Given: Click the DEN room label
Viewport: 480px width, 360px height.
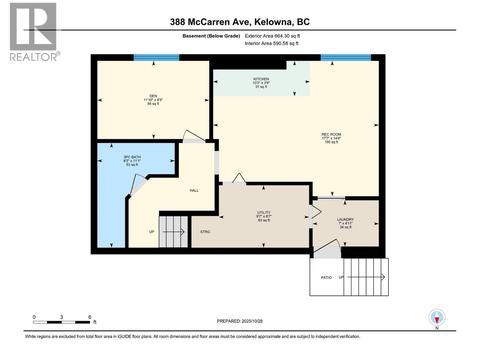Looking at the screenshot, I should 153,96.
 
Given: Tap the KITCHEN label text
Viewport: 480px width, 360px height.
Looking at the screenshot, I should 261,79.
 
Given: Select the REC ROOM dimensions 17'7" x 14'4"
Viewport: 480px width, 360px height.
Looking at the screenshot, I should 331,138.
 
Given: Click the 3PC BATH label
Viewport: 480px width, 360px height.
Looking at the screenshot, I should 132,157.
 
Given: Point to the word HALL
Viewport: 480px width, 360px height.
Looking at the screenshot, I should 194,190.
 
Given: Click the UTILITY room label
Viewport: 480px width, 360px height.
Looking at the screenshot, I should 264,212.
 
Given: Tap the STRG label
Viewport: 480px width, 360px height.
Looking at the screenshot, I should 205,232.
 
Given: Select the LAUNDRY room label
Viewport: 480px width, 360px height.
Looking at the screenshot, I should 345,219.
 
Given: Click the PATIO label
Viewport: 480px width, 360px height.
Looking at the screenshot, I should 326,278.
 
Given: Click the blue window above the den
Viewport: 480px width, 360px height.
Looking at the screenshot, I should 156,57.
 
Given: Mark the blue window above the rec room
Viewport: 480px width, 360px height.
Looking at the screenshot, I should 346,57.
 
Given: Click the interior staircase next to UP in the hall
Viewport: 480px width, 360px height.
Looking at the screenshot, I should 173,232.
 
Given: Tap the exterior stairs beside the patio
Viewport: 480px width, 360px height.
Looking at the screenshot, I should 366,277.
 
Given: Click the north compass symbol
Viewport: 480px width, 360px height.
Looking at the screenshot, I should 437,318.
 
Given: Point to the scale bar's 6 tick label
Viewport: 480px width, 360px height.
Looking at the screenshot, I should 90,317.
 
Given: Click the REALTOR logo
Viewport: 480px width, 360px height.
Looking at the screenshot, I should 34,31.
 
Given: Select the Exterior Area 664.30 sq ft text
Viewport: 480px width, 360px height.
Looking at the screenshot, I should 272,36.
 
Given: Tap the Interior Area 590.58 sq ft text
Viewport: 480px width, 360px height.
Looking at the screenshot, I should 271,43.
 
